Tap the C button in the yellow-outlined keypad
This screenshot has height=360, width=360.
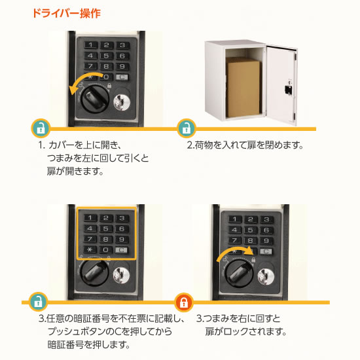coord(121,249)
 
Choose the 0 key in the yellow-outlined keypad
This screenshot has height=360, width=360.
coord(105,249)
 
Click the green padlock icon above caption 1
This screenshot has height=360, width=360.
coord(41,127)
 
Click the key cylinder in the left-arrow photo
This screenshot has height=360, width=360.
coord(122,103)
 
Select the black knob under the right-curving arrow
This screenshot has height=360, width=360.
coord(239,273)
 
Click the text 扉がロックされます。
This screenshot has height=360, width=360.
coord(245,332)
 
